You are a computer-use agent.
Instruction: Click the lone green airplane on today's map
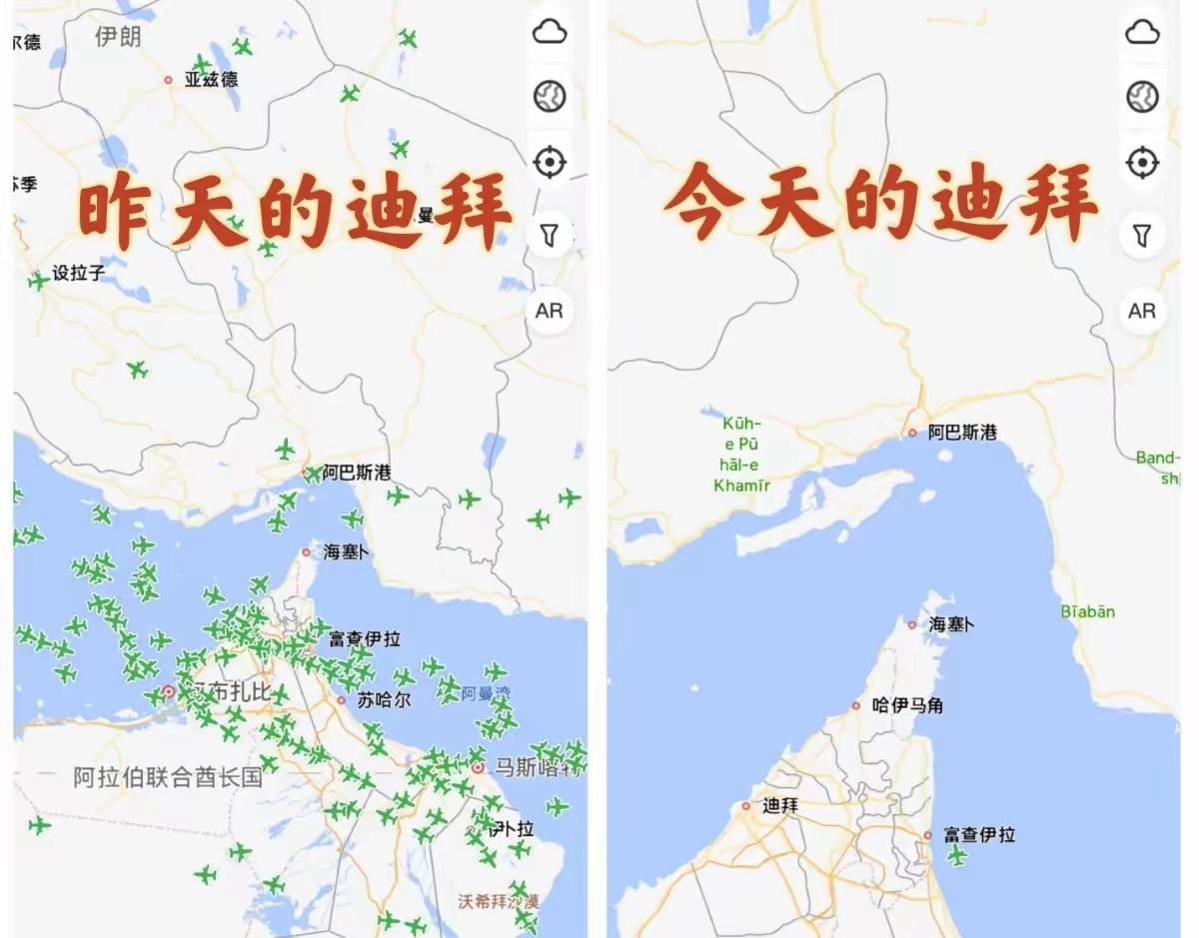[957, 855]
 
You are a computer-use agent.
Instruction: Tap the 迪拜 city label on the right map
[779, 805]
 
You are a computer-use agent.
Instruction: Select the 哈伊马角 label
[906, 705]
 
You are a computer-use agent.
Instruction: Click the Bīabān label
[1087, 611]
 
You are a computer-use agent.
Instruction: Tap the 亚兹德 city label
[211, 80]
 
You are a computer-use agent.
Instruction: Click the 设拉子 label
[78, 273]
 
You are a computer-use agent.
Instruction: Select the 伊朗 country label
[118, 38]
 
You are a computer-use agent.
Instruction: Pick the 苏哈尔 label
[384, 700]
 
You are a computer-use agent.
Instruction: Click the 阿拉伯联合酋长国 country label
[168, 777]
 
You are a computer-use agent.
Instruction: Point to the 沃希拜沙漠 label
[498, 900]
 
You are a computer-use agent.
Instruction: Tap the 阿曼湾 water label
[486, 692]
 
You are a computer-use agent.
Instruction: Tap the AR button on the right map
[1141, 311]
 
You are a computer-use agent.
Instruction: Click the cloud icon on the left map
[550, 32]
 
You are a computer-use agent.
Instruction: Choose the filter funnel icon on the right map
[1141, 235]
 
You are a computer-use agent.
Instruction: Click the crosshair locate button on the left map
[550, 162]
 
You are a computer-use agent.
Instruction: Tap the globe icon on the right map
[1141, 97]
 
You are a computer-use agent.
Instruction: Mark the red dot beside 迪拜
[745, 805]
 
